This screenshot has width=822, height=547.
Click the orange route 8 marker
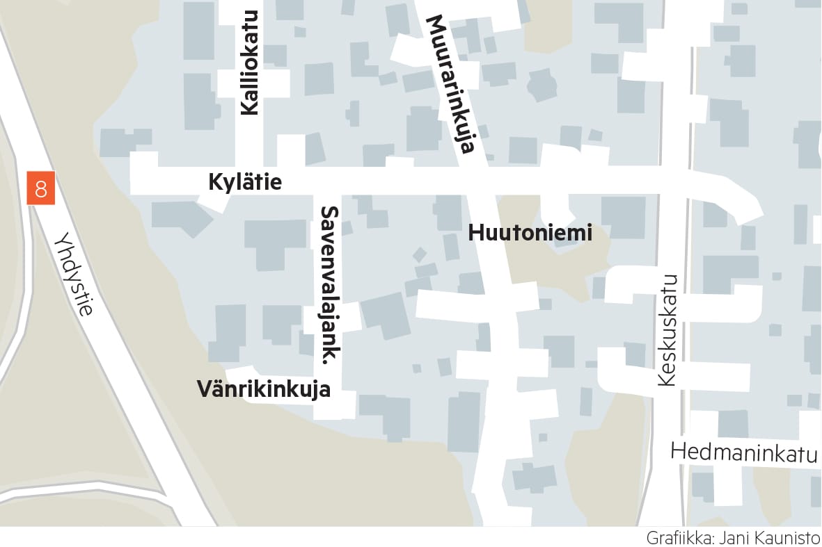(x=41, y=189)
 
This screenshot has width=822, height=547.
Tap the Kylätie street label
(x=245, y=182)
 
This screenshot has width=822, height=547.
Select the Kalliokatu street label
(x=249, y=62)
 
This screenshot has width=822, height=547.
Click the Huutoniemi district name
(x=530, y=233)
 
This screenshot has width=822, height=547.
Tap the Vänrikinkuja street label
(x=264, y=390)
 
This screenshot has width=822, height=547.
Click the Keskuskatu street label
(x=667, y=329)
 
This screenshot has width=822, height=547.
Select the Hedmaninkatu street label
(x=743, y=452)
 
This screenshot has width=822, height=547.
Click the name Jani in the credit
(x=741, y=538)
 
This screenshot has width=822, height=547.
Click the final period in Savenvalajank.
(x=326, y=360)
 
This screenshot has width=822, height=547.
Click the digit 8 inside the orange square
(x=41, y=189)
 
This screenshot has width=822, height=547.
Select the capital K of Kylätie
(x=215, y=182)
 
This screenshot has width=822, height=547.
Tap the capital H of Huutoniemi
(x=476, y=233)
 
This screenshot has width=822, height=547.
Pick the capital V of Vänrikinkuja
(x=204, y=389)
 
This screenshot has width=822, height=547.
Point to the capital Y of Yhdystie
(x=60, y=240)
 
